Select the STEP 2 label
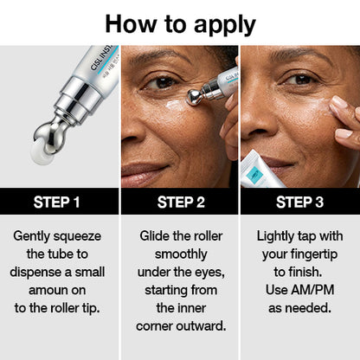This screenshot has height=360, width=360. pyautogui.click(x=180, y=202)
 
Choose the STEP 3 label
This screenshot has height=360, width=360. pyautogui.click(x=299, y=202)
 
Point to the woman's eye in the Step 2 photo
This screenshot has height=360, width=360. pyautogui.click(x=162, y=84)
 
